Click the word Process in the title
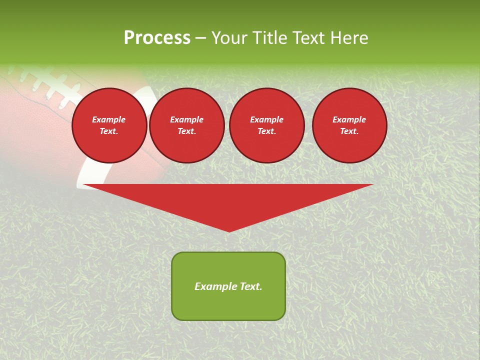point(157,38)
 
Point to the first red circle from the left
point(109,125)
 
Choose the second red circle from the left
point(186,125)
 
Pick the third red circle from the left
point(266,125)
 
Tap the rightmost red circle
point(349,125)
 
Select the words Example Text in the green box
point(228,286)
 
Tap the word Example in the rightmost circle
point(349,119)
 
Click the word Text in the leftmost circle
point(109,131)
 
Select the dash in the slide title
point(200,38)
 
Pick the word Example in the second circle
point(186,119)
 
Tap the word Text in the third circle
point(266,131)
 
